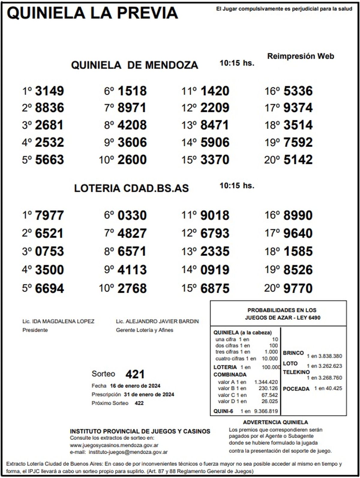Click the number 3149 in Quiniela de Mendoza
tap(49, 91)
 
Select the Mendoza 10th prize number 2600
tap(132, 160)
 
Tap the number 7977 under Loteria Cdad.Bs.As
tap(49, 215)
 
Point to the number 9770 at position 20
tap(298, 288)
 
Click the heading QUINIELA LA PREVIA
tap(92, 13)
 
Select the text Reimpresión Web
tap(301, 56)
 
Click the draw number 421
tap(135, 374)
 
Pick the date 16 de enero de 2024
tap(135, 386)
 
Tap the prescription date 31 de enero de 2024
tap(149, 394)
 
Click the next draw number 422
tap(139, 403)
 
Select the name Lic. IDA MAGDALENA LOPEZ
tap(58, 321)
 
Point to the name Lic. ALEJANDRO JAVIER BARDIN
tap(157, 321)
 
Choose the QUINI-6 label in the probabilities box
tap(223, 411)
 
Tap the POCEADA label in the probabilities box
tap(296, 389)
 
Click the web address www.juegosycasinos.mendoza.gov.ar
tap(114, 445)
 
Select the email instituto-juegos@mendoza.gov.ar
tap(128, 452)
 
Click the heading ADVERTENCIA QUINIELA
tap(275, 422)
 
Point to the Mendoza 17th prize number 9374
tap(298, 108)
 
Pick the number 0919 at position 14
tap(215, 270)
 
